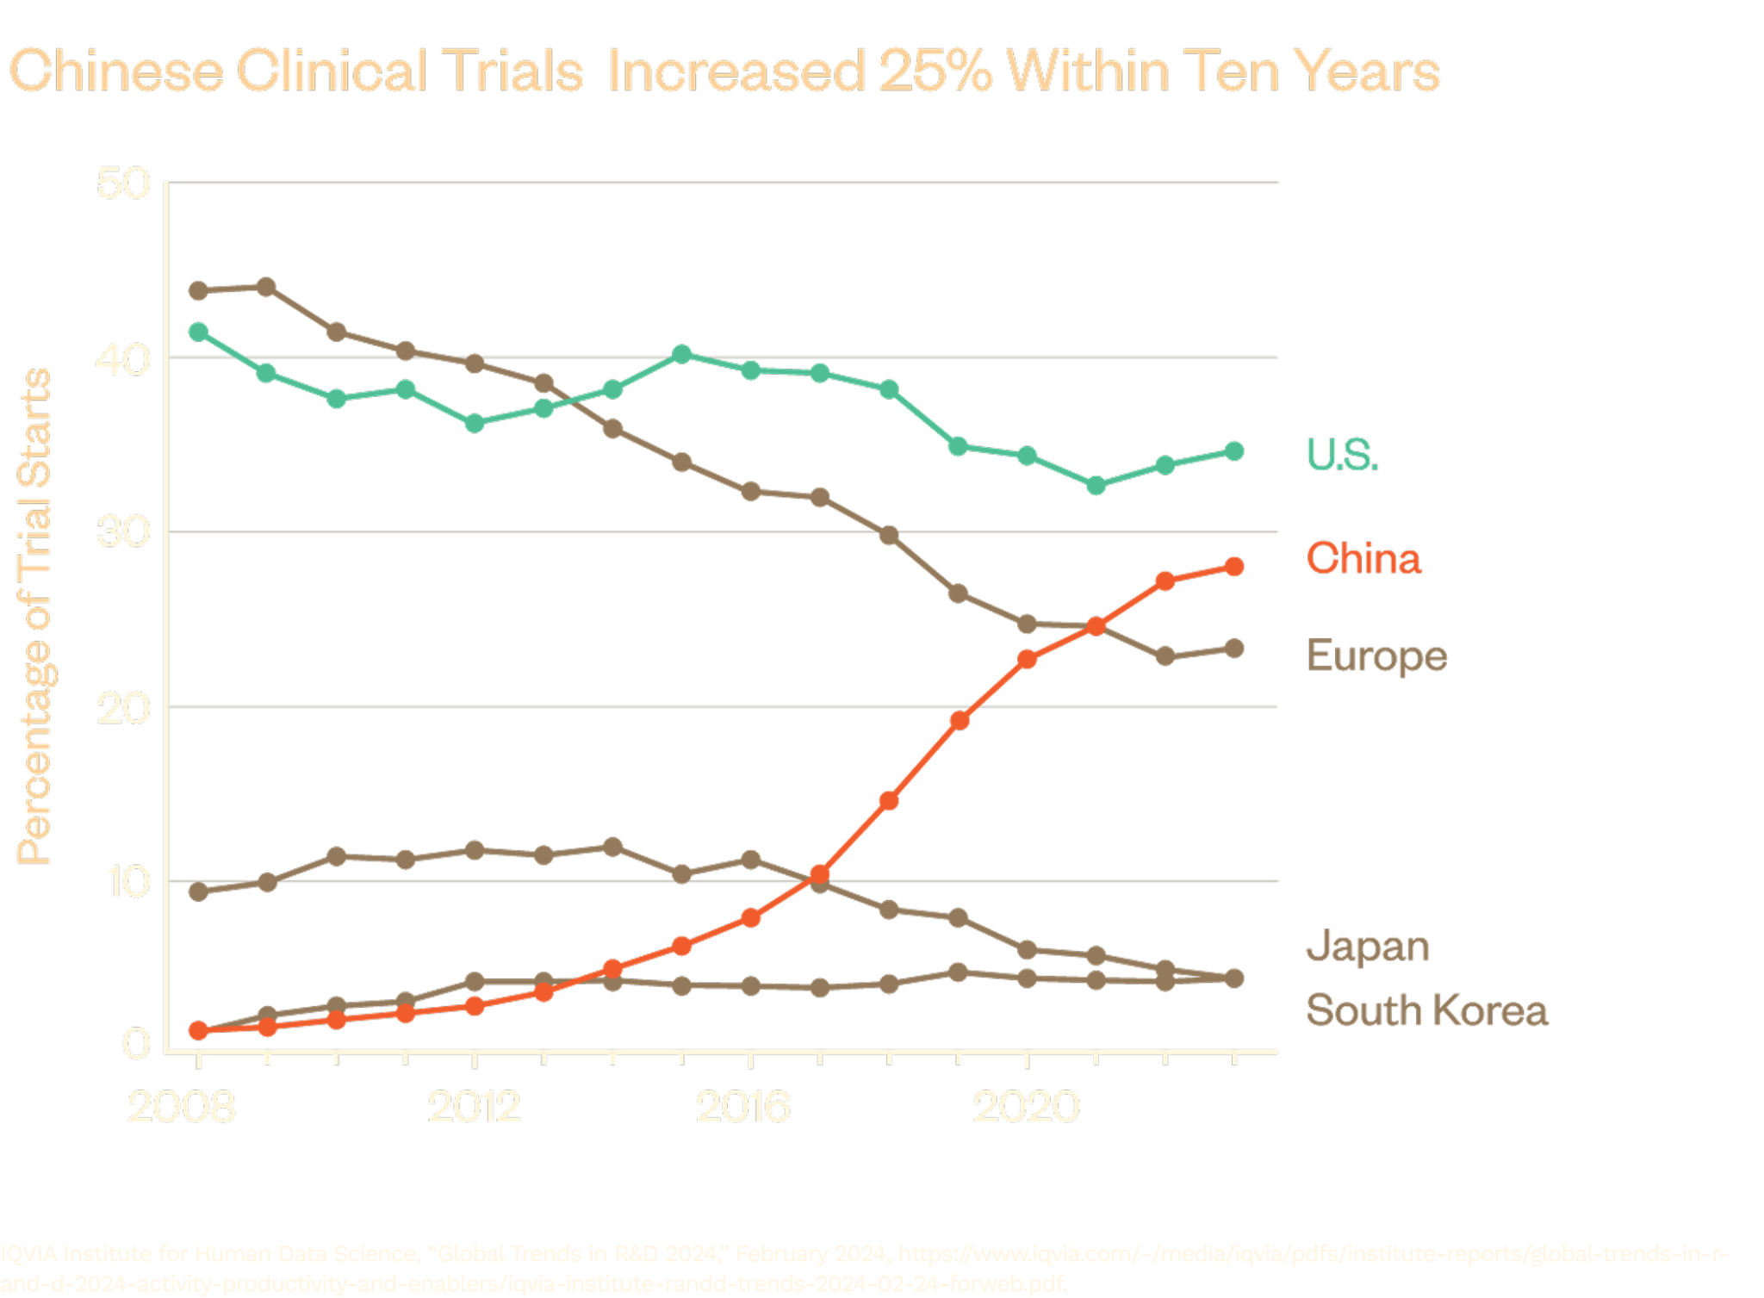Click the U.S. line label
click(1343, 454)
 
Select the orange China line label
click(1363, 558)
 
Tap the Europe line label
click(1377, 657)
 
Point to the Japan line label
click(1368, 947)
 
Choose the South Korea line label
click(1427, 1010)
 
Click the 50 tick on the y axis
click(123, 183)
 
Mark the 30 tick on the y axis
click(123, 532)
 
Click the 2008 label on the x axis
click(182, 1107)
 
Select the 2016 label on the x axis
click(742, 1107)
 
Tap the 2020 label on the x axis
click(1026, 1107)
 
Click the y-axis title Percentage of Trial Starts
click(35, 616)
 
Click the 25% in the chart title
click(935, 71)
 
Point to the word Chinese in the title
click(116, 71)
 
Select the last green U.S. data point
click(1234, 451)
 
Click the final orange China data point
click(1234, 566)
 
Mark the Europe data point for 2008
click(198, 290)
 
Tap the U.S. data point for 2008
click(198, 332)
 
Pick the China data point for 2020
click(1027, 660)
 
